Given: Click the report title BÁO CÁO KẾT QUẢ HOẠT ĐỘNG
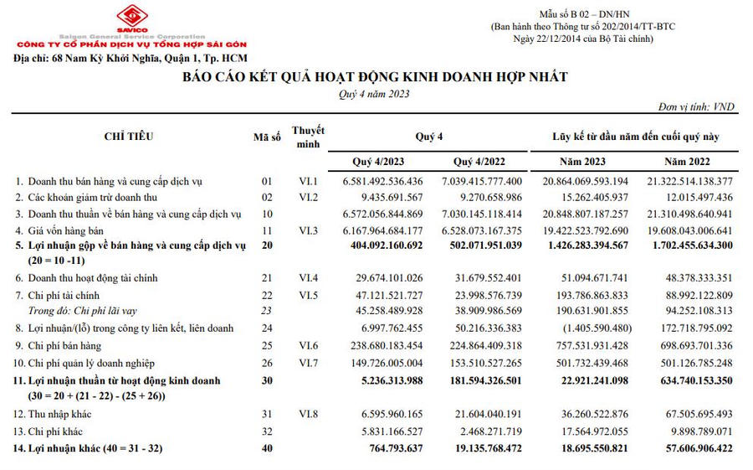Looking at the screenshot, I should click(375, 77).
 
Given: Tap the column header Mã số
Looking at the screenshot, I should click(267, 137).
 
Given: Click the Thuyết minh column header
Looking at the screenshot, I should click(308, 137).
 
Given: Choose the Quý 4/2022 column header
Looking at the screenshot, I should click(479, 160).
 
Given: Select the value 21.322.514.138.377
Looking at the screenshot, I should click(689, 181).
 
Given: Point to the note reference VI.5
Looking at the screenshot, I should click(308, 294).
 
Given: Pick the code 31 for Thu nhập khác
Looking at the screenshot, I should click(267, 413).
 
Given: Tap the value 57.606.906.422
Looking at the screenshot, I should click(694, 448).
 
